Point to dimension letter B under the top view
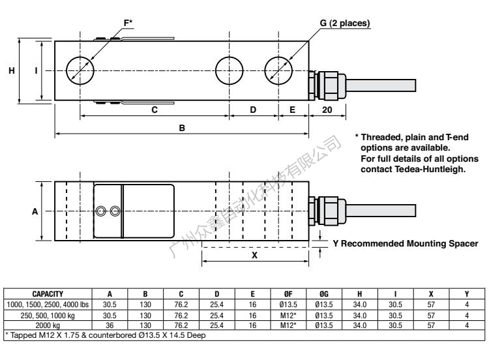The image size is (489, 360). [x=182, y=128]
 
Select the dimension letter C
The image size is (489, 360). [x=155, y=110]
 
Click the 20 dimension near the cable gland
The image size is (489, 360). [x=328, y=110]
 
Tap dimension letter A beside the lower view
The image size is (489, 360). [x=35, y=211]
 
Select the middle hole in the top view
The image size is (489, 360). [x=229, y=70]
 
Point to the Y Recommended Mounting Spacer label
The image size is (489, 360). [x=405, y=244]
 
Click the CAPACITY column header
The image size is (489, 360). [x=48, y=294]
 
